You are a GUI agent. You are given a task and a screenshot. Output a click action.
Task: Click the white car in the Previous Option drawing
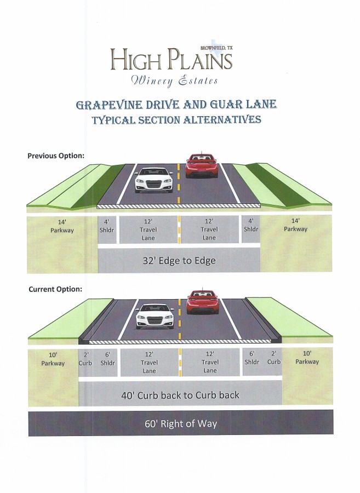pyautogui.click(x=154, y=179)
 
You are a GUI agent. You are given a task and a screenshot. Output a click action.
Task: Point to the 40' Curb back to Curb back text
pyautogui.click(x=180, y=394)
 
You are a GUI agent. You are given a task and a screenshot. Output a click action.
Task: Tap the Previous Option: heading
pyautogui.click(x=56, y=156)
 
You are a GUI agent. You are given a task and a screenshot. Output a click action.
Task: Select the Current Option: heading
pyautogui.click(x=55, y=289)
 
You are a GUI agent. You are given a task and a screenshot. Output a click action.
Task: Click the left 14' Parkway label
pyautogui.click(x=61, y=226)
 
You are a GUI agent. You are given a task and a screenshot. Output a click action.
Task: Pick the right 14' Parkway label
pyautogui.click(x=295, y=225)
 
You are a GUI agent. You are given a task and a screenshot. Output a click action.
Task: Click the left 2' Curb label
pyautogui.click(x=86, y=359)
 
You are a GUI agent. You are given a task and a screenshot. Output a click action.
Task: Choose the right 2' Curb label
pyautogui.click(x=274, y=358)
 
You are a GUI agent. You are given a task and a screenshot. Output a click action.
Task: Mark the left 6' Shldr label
pyautogui.click(x=107, y=359)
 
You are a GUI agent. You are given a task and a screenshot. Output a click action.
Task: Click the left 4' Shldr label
pyautogui.click(x=107, y=226)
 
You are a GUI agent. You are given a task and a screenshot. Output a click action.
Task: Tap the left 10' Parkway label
pyautogui.click(x=53, y=359)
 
